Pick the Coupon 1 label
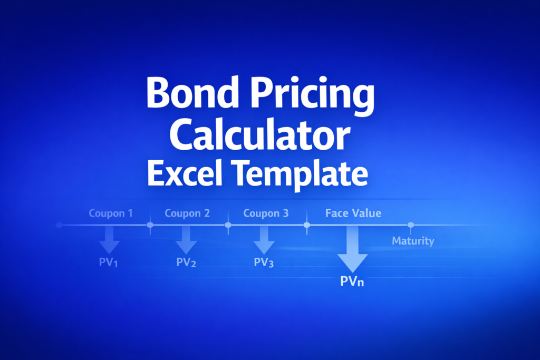111,213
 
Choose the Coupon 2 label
187,213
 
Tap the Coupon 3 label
266,213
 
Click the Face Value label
353,213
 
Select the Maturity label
413,241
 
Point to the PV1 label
109,262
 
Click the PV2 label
186,262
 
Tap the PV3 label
264,262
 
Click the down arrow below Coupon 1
109,240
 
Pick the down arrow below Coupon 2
186,240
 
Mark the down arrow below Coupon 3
264,240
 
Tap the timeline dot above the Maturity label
411,225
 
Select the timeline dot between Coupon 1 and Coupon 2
150,225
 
